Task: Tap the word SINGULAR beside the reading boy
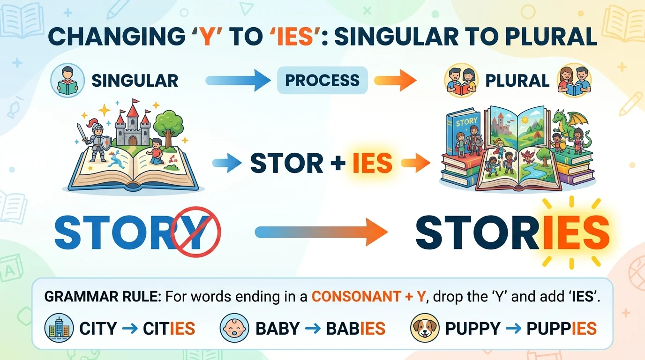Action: click(135, 81)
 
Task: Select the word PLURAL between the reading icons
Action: click(517, 81)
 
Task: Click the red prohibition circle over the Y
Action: click(195, 231)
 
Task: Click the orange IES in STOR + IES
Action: click(372, 163)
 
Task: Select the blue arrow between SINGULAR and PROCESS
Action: click(238, 81)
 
